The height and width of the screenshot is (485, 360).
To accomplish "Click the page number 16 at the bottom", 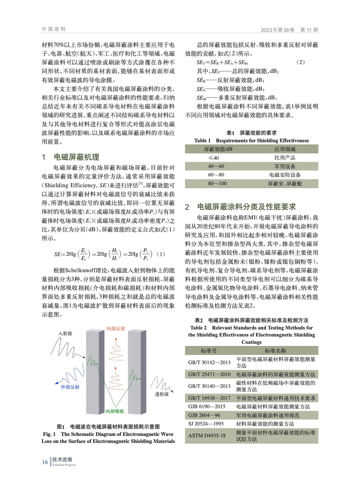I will [45, 462].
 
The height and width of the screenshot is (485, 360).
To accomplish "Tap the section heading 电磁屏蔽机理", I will [76, 157].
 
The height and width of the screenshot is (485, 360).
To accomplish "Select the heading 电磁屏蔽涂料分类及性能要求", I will [246, 207].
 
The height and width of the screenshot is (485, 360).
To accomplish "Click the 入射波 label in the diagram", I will [65, 333].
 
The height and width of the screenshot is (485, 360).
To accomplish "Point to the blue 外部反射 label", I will [70, 387].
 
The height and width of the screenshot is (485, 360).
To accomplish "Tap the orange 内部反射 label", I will [116, 329].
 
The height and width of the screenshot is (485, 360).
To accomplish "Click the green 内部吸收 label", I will [115, 411].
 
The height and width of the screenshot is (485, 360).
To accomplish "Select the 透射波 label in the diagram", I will [162, 394].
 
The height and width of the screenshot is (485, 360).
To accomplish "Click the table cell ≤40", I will [214, 158].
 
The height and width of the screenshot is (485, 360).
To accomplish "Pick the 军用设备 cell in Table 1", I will [285, 166].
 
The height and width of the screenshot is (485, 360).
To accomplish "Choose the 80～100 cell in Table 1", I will [217, 184].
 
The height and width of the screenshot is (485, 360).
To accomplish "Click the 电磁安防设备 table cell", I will [285, 175].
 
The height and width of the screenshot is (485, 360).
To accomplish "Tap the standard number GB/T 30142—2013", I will [209, 362].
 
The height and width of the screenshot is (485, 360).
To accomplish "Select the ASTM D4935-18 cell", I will [207, 436].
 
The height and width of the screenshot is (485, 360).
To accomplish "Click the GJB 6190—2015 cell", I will [207, 407].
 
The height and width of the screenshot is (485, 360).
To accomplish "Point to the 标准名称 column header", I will [275, 351].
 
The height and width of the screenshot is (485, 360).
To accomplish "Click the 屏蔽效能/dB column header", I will [218, 149].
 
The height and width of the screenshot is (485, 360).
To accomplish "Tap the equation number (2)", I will [300, 62].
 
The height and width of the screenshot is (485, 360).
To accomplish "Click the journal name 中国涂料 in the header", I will [54, 29].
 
